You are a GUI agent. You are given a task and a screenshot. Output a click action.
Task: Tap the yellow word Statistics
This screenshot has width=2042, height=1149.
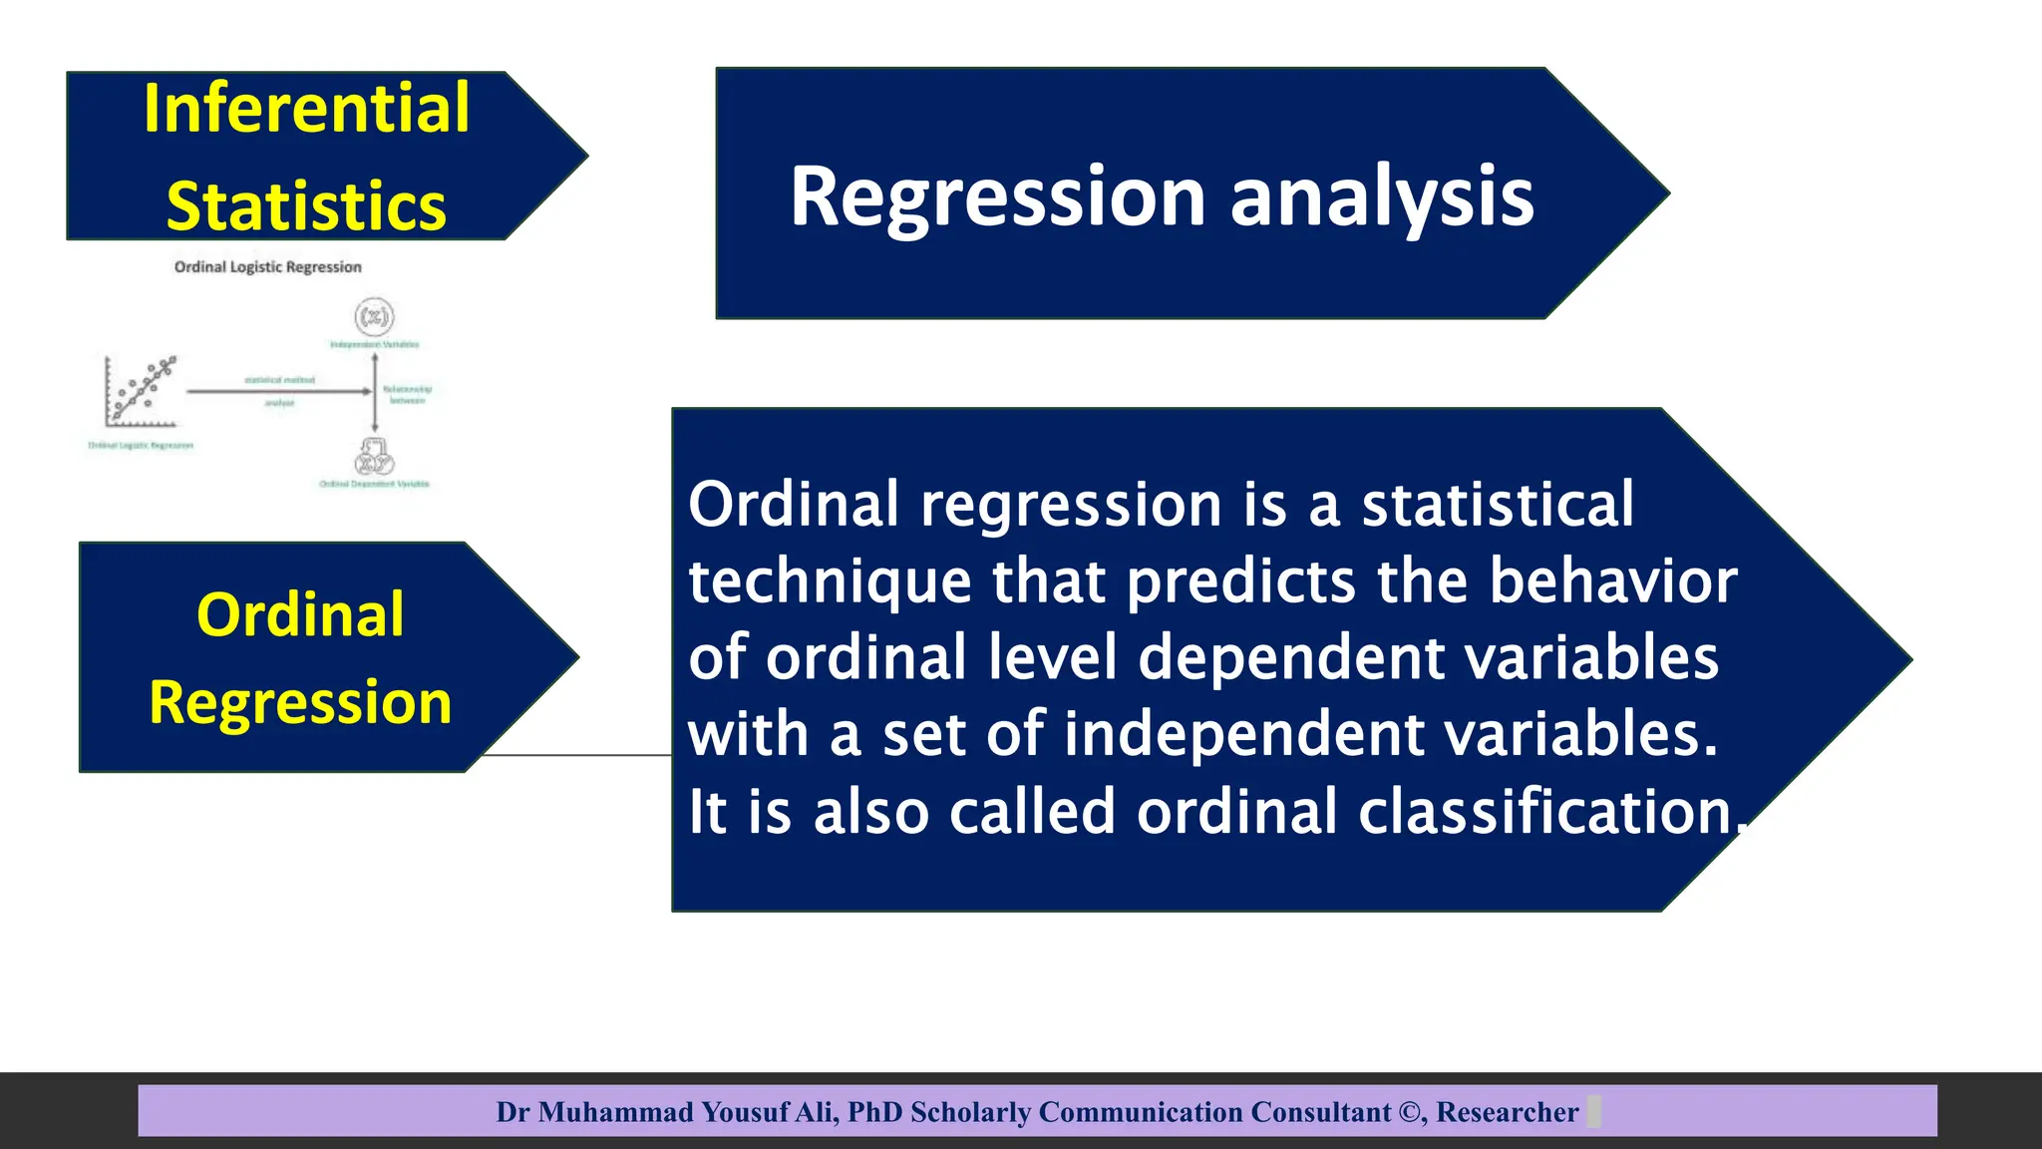click(306, 206)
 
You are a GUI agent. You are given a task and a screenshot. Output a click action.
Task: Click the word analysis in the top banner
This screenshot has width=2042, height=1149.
click(1382, 196)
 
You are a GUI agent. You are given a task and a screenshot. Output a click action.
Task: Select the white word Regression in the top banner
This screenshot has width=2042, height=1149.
click(998, 196)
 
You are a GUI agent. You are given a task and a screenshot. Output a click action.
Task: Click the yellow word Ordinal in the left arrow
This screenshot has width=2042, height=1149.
click(300, 614)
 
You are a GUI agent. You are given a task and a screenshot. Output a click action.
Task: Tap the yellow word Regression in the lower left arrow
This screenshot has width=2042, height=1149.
click(300, 702)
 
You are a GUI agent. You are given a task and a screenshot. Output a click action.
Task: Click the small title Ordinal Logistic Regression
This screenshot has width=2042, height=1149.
click(267, 267)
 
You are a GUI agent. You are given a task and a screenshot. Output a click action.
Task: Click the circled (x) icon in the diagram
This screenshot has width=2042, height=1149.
click(374, 317)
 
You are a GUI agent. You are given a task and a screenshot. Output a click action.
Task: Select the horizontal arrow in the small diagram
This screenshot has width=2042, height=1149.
click(279, 392)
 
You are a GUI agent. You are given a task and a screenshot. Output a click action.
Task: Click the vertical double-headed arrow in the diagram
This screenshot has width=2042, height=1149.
click(375, 392)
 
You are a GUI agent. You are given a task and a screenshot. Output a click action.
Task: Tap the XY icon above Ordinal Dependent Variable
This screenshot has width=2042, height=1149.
click(374, 459)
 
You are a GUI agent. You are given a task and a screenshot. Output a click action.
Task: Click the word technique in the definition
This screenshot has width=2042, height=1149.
click(829, 581)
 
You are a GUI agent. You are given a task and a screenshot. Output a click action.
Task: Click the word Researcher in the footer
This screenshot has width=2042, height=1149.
click(1507, 1112)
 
